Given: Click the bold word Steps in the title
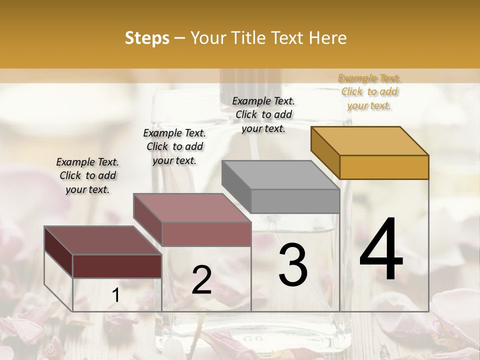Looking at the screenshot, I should (147, 38).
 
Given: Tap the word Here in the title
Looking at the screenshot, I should (328, 38).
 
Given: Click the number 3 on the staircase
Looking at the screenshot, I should (293, 264).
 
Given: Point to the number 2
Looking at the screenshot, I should (201, 280).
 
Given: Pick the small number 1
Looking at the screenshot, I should (116, 295).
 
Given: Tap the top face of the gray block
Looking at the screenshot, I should (280, 174).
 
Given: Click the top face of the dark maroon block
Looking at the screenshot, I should (102, 240).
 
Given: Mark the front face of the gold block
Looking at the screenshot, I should (384, 167).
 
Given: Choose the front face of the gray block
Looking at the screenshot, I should (295, 201).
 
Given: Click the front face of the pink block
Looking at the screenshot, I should (206, 234).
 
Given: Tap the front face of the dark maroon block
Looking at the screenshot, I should (117, 266).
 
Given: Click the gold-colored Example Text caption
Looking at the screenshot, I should (369, 91).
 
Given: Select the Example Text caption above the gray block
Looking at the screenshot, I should (263, 114).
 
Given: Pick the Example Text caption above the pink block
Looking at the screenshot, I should (174, 146).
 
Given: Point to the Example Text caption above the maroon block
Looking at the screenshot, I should (87, 175).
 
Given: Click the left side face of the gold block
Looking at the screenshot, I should (325, 152).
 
